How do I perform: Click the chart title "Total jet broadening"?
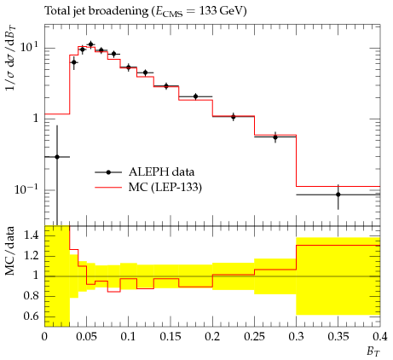(x=96, y=11)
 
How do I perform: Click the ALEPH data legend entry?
(x=145, y=172)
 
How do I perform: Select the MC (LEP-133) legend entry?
(x=148, y=188)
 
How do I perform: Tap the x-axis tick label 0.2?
(x=212, y=337)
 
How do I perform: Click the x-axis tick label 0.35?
(x=338, y=337)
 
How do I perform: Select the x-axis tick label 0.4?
(x=380, y=337)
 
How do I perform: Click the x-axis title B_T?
(x=373, y=352)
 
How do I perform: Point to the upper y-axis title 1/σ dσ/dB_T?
(x=11, y=58)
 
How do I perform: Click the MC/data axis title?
(x=10, y=251)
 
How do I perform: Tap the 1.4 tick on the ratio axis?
(x=31, y=235)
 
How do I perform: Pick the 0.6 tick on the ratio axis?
(x=31, y=316)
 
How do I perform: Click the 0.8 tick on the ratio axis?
(x=31, y=296)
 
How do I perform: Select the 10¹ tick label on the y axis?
(x=29, y=46)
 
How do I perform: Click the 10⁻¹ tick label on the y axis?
(x=26, y=189)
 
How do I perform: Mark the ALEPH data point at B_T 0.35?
(x=338, y=195)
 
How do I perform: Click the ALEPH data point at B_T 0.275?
(x=275, y=137)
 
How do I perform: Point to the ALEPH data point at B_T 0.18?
(x=195, y=96)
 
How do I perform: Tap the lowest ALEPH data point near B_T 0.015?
(x=57, y=157)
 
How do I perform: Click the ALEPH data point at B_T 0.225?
(x=234, y=117)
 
